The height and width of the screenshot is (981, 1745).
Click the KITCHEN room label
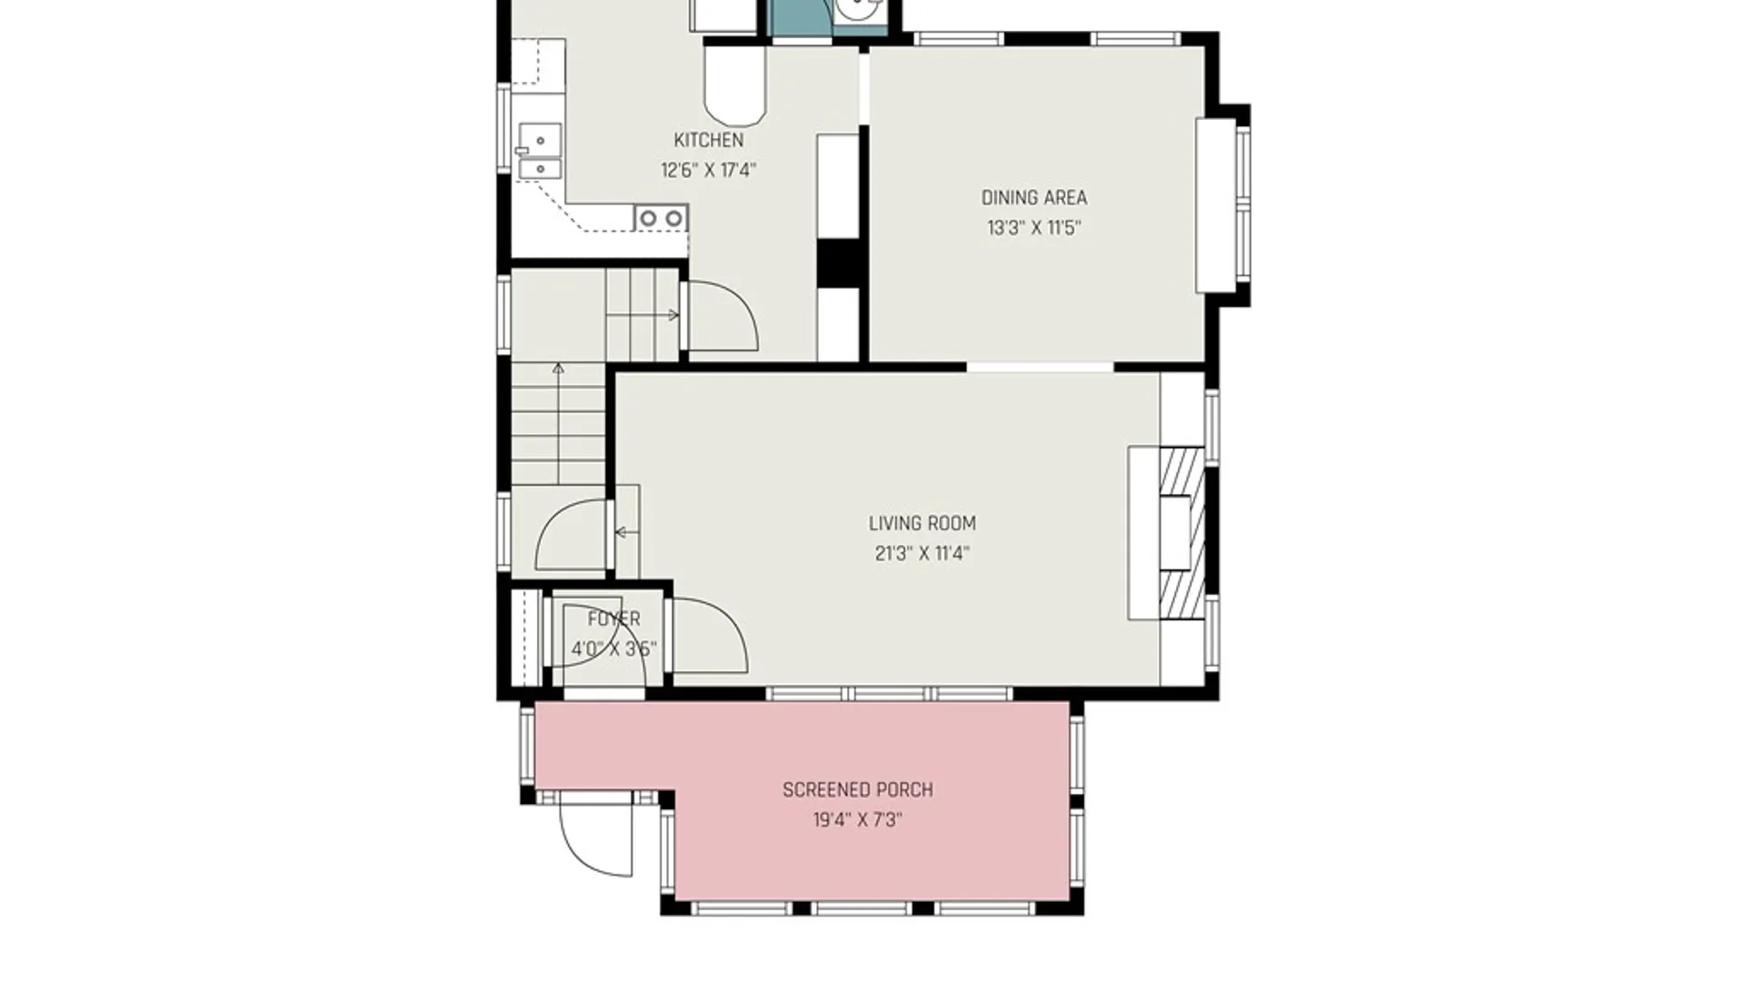[x=708, y=140]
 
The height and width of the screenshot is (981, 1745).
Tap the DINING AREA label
[x=1033, y=197]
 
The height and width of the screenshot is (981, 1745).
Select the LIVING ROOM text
[x=922, y=523]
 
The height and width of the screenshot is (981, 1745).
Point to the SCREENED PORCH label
[x=858, y=790]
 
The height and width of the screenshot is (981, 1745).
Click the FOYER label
[x=613, y=619]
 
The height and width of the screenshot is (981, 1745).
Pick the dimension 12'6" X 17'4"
[x=708, y=170]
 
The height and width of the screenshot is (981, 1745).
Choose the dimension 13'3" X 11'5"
[x=1033, y=227]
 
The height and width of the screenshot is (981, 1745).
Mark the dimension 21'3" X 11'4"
[x=922, y=553]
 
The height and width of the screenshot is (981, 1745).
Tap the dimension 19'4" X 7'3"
[x=858, y=820]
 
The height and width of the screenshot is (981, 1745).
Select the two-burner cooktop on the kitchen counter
[x=661, y=218]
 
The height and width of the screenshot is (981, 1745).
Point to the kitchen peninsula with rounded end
[x=735, y=85]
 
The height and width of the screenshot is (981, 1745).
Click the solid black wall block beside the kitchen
[x=839, y=263]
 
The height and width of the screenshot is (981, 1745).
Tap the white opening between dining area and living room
[x=1040, y=367]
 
